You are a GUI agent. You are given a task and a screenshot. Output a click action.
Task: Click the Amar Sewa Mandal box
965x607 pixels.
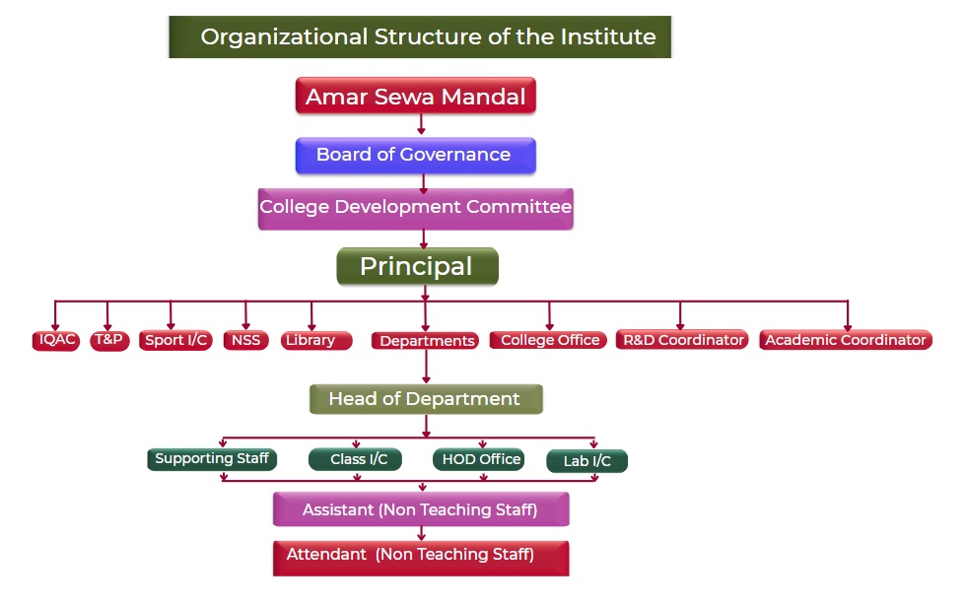tap(415, 96)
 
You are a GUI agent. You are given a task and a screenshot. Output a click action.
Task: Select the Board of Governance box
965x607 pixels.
tap(415, 155)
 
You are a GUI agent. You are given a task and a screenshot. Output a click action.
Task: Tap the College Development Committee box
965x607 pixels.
tap(415, 209)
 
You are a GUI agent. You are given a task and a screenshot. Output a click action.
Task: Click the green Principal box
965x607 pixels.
tap(417, 266)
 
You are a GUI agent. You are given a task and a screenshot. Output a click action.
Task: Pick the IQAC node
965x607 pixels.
tap(56, 340)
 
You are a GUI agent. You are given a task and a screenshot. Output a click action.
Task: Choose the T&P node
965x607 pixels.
tap(109, 340)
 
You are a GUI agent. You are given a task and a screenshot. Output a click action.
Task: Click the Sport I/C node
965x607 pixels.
tap(175, 340)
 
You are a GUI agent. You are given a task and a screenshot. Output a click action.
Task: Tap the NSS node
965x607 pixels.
tap(246, 340)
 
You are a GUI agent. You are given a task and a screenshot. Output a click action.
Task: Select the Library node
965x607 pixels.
tap(316, 340)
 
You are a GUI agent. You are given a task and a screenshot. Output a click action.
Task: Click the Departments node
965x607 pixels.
tap(425, 341)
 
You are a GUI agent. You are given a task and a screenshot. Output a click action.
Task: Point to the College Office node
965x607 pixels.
tap(548, 340)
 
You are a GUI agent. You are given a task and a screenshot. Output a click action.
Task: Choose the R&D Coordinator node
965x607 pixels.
tap(682, 340)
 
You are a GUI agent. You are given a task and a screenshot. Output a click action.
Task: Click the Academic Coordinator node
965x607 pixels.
tap(846, 340)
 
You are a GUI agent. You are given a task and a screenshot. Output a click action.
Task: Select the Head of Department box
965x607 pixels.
tap(426, 399)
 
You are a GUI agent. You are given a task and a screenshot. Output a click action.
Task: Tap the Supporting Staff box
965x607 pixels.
tap(212, 459)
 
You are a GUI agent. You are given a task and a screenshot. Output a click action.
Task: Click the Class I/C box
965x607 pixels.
tap(355, 459)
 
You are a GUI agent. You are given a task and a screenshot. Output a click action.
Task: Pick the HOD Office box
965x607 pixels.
tap(479, 459)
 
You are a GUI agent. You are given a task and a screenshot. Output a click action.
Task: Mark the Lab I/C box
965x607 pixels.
tap(587, 461)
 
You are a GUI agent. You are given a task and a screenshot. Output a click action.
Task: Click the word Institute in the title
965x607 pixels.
tap(608, 36)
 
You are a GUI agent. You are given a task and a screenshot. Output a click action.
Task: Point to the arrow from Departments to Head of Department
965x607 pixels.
tap(426, 368)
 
